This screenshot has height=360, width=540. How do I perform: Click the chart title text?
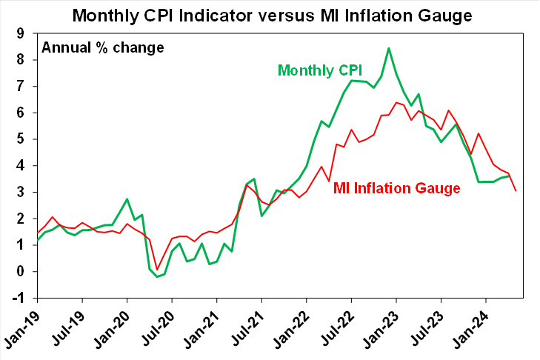(270, 14)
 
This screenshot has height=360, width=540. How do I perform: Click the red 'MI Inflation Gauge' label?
(397, 188)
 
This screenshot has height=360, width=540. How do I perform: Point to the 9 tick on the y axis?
(21, 33)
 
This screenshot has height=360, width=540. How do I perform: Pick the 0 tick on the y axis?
(21, 272)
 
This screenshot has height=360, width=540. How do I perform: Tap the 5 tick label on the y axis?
(21, 139)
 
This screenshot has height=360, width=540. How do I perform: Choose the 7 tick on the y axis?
(21, 86)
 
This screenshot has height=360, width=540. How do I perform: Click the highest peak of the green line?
(389, 48)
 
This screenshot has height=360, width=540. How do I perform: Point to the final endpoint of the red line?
(516, 191)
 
